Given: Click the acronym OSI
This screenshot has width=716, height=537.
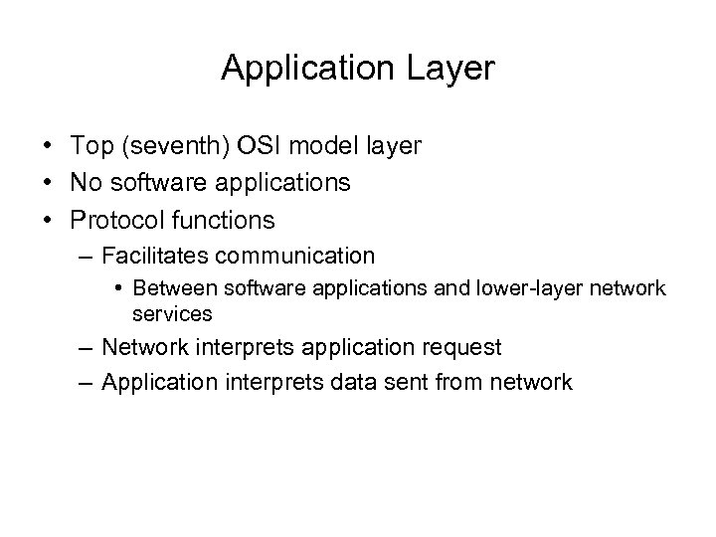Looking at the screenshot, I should pyautogui.click(x=257, y=147).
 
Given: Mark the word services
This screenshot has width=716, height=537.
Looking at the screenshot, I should pyautogui.click(x=172, y=313).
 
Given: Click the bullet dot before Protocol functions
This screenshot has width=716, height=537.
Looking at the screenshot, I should pyautogui.click(x=49, y=219).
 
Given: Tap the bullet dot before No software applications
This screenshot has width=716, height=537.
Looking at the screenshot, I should pyautogui.click(x=49, y=183).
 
